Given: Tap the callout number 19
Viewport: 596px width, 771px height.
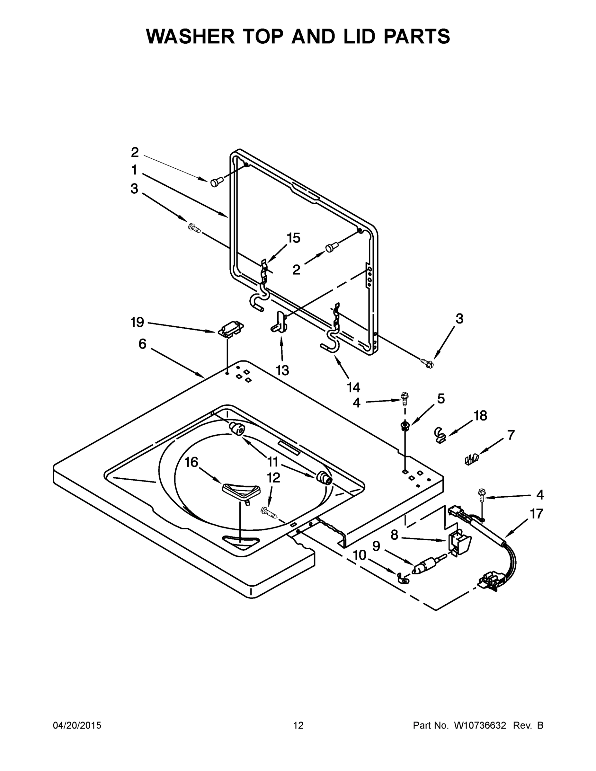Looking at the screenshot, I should (137, 322).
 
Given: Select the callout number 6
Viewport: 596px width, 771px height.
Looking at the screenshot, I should (142, 343).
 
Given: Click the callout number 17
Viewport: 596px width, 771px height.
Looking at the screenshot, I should (536, 514).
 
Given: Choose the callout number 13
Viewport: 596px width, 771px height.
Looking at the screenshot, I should (282, 370).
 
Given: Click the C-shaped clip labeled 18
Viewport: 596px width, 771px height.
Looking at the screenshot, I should (439, 435).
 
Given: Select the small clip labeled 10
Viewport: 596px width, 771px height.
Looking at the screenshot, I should (402, 578).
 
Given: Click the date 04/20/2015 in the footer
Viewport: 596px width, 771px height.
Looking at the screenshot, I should (77, 725).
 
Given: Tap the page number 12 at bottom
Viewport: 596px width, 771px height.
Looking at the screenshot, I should (298, 725).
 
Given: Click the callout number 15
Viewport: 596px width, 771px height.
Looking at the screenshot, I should (293, 238).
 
